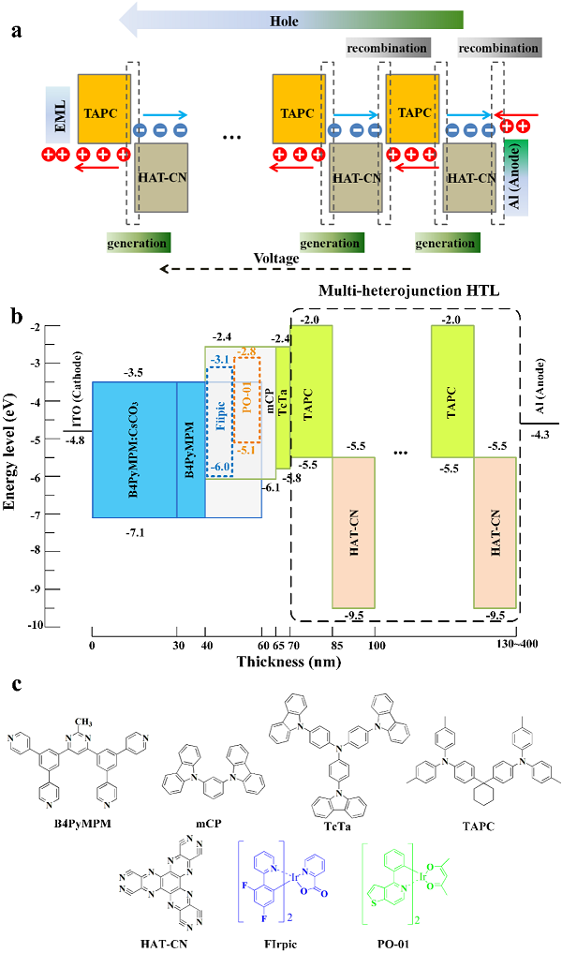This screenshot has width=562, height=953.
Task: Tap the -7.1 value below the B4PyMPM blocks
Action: [133, 532]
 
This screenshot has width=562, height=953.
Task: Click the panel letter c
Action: [16, 685]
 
